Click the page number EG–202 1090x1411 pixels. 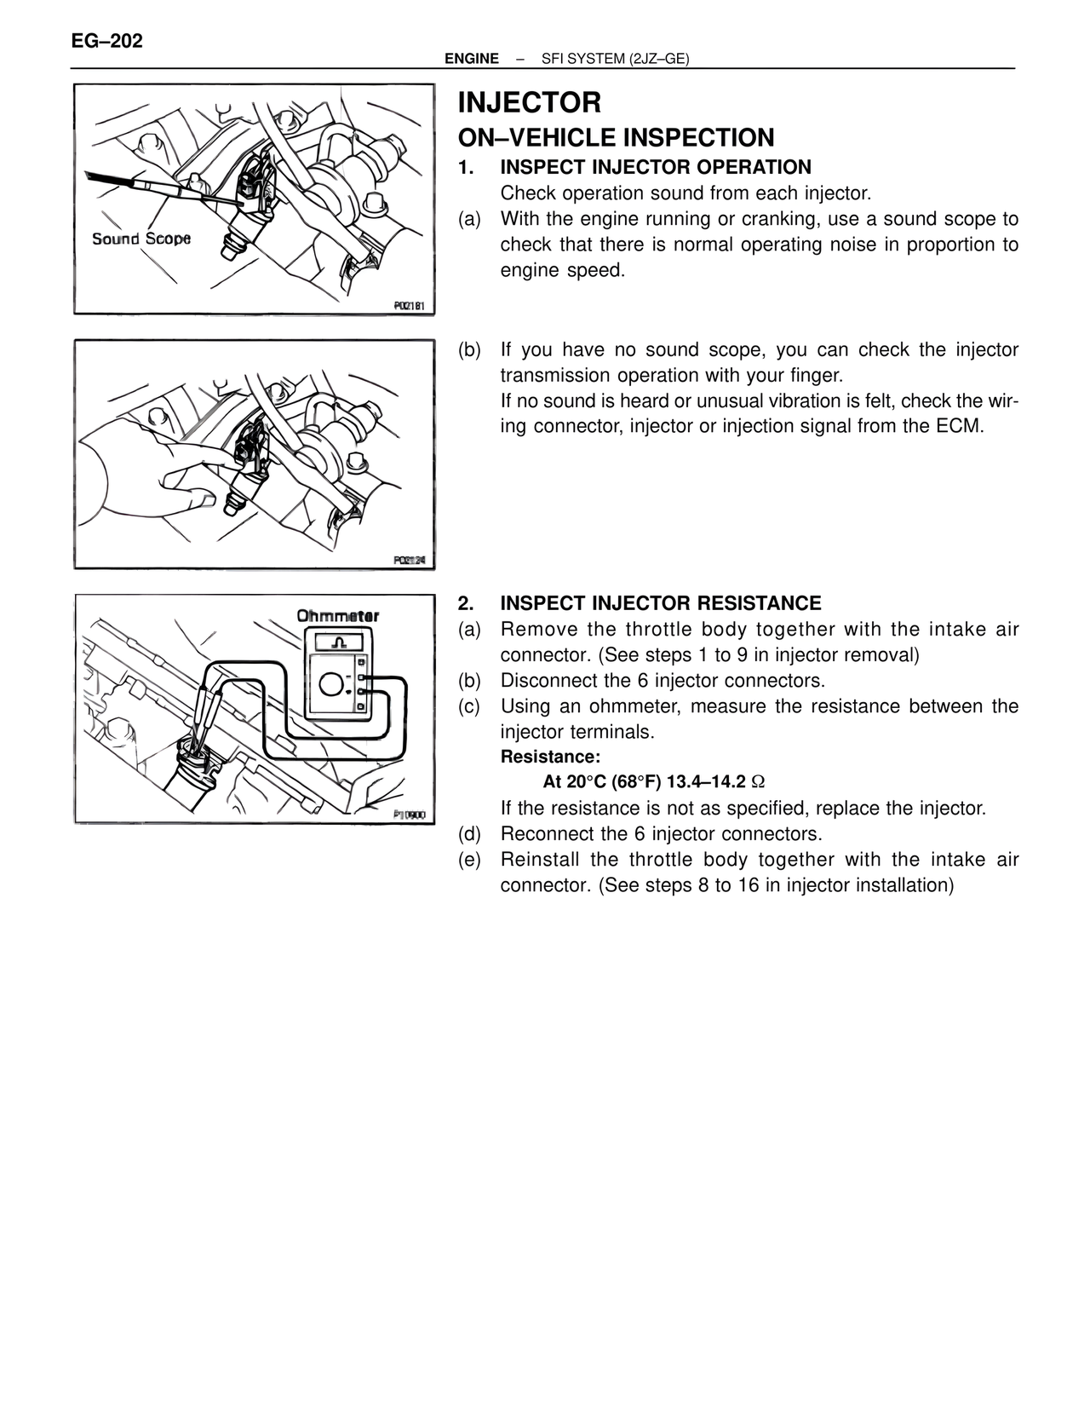coord(106,41)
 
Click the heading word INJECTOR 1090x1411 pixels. coord(529,103)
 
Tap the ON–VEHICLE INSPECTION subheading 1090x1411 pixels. coord(616,137)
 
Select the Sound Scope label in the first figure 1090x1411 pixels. coord(141,239)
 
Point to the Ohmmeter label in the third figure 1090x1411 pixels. coord(337,615)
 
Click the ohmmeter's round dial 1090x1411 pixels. coord(333,682)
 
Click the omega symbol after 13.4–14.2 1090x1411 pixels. coord(759,782)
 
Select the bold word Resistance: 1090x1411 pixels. coord(550,757)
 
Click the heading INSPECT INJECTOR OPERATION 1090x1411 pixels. coord(656,167)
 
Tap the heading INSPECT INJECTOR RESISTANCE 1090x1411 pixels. coord(660,603)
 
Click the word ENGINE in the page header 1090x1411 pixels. coord(472,59)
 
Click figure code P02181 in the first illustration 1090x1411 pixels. coord(409,304)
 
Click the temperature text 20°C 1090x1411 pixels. coord(586,782)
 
